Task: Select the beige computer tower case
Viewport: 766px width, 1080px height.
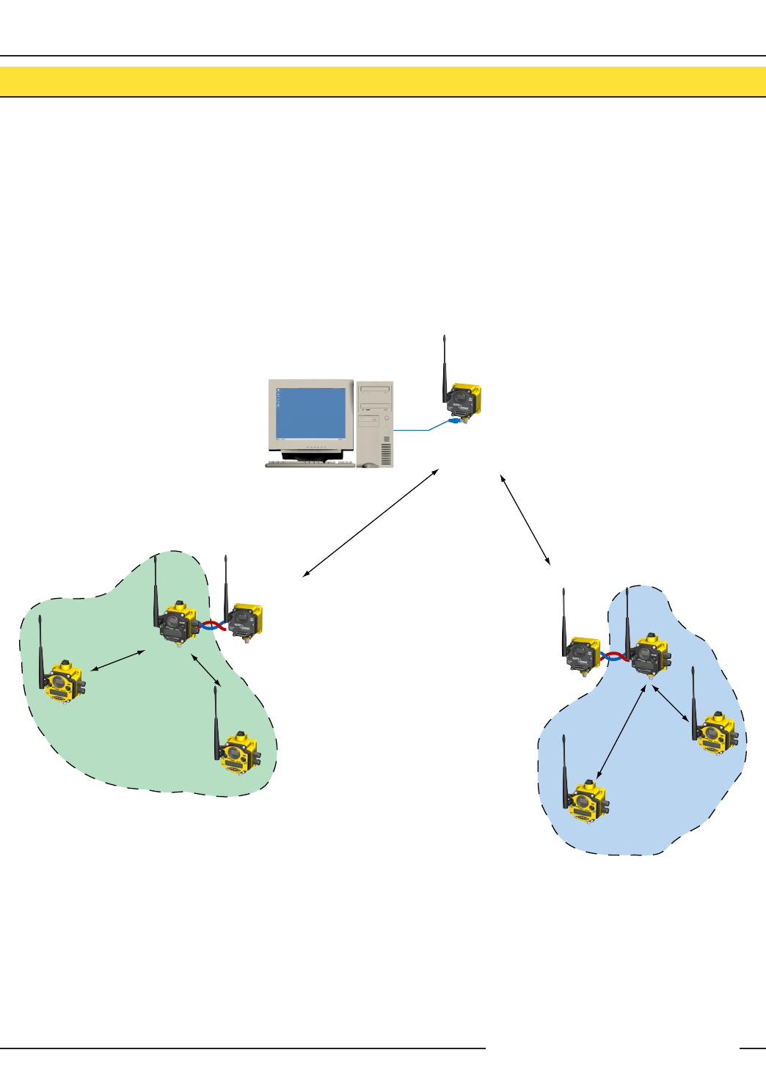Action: coord(375,424)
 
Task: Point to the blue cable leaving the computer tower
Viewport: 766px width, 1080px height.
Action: coord(418,428)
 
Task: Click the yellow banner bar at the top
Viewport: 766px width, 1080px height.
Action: coord(383,81)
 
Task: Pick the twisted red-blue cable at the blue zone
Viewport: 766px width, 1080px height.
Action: coord(616,656)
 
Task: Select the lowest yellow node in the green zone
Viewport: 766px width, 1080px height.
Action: coord(238,752)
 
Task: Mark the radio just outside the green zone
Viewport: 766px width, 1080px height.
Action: coord(244,620)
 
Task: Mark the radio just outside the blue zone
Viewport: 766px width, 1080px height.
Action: coord(583,653)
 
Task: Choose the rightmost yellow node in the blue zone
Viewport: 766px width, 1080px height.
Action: coord(715,734)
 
